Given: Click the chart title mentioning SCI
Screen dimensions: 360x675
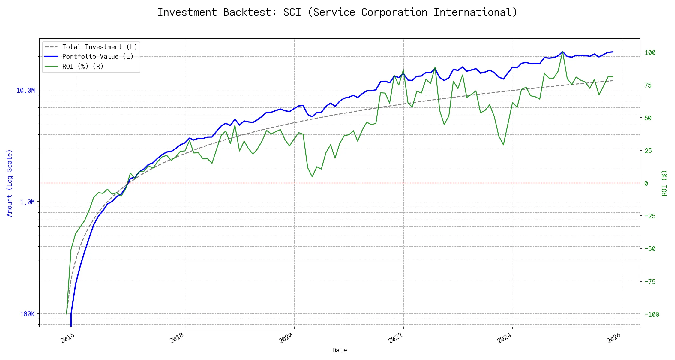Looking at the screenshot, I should tap(337, 12).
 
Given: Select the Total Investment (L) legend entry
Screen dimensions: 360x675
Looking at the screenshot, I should tap(99, 47).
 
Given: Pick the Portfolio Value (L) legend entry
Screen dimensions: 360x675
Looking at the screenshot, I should tap(97, 57).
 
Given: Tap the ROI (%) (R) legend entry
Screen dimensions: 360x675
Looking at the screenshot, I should tap(82, 67).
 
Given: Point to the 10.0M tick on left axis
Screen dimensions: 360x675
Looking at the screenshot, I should tap(25, 90).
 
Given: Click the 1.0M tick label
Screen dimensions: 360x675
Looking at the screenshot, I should tap(27, 202).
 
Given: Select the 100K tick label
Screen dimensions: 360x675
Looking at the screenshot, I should tap(27, 314).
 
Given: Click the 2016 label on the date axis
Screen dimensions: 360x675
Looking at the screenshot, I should tap(68, 338).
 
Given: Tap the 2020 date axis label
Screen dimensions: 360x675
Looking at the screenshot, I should tap(286, 338).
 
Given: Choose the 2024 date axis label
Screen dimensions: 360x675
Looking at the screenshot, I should tap(505, 338).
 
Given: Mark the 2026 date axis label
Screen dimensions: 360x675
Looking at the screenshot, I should tap(614, 338).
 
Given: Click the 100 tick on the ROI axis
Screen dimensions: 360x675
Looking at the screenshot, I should tap(650, 53).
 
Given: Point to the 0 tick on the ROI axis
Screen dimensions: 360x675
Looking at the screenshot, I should tap(646, 183).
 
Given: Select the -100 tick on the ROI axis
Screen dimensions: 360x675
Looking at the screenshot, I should tap(652, 315).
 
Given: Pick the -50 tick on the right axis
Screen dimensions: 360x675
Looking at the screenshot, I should tap(650, 249).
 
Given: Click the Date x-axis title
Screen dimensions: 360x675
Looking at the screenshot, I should tap(340, 350).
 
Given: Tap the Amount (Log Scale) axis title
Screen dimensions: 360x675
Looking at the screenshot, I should tap(10, 183).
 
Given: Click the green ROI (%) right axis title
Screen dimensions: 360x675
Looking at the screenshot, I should tap(664, 183).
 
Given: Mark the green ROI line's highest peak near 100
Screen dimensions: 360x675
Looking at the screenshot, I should tap(562, 52).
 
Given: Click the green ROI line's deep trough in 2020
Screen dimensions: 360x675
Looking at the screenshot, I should tap(312, 176).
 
